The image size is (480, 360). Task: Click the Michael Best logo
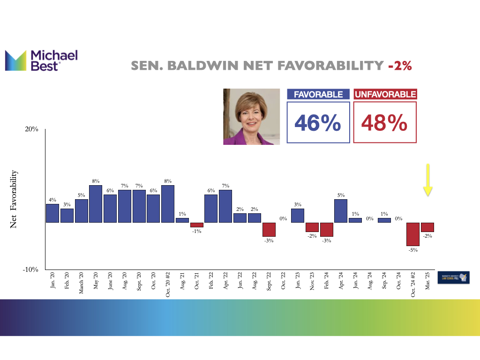41,60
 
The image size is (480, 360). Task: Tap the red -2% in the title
400,66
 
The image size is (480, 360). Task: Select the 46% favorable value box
318,123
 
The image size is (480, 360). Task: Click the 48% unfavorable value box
384,123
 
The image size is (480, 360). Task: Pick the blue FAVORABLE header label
318,95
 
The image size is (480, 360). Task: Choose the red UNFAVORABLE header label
385,95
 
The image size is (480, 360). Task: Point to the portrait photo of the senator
251,116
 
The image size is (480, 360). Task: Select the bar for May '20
96,203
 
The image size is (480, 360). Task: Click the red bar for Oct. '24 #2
412,234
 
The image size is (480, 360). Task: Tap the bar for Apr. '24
341,210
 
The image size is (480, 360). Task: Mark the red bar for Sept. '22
269,229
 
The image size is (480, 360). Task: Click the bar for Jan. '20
52,213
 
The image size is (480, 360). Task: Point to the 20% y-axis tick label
31,129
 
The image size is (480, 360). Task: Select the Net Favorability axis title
14,199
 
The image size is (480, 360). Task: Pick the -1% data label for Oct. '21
196,231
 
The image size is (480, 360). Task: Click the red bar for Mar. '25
427,227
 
